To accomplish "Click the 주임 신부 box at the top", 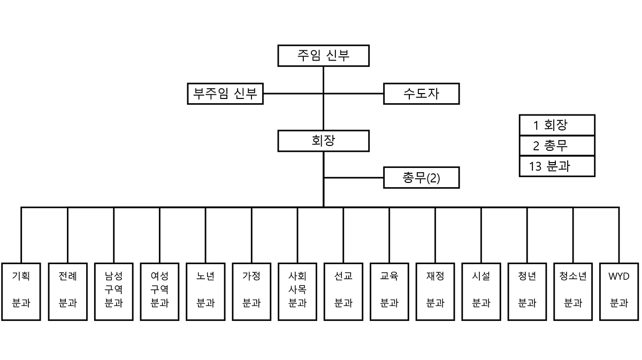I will pyautogui.click(x=323, y=55).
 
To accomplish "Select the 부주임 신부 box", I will pyautogui.click(x=225, y=94).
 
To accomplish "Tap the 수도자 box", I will pyautogui.click(x=421, y=94).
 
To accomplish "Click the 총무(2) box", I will pyautogui.click(x=421, y=178).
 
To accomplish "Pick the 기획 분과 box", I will pyautogui.click(x=21, y=292).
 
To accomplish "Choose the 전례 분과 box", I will pyautogui.click(x=67, y=292).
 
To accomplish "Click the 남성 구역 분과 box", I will pyautogui.click(x=113, y=292).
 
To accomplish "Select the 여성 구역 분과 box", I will pyautogui.click(x=159, y=292).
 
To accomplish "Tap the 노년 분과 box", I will pyautogui.click(x=205, y=292).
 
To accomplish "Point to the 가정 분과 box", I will pyautogui.click(x=251, y=292).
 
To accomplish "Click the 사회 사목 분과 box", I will pyautogui.click(x=297, y=292).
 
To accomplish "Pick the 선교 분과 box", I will pyautogui.click(x=343, y=292).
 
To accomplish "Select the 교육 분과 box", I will pyautogui.click(x=389, y=292).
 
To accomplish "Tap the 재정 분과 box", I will pyautogui.click(x=435, y=292).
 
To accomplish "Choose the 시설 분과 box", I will pyautogui.click(x=481, y=292).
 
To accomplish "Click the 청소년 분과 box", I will pyautogui.click(x=573, y=292).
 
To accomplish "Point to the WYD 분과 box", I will pyautogui.click(x=619, y=292).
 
